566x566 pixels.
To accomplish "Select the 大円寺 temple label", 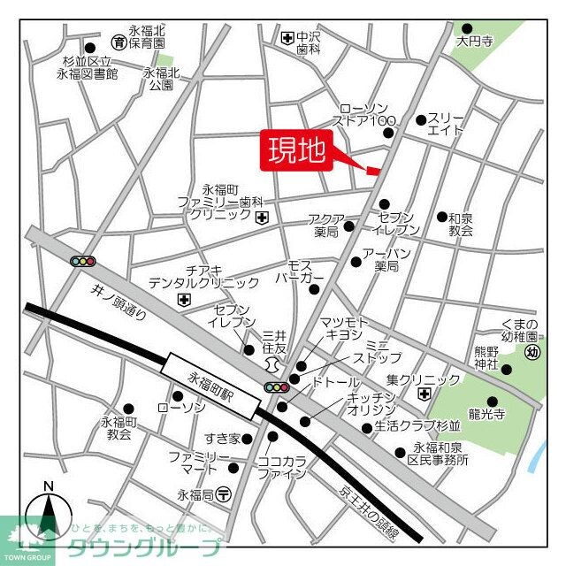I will (473, 41).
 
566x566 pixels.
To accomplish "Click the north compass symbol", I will (50, 514).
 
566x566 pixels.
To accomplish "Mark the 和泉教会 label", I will (460, 224).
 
